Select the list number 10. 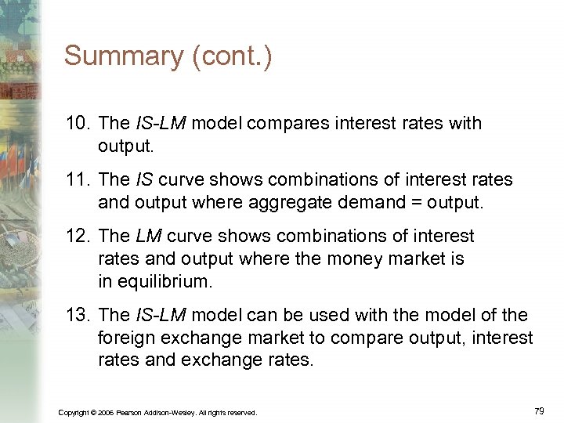(x=78, y=124)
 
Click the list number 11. (x=78, y=180)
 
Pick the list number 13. (x=78, y=316)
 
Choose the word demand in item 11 (x=368, y=202)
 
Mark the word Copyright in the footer (x=73, y=412)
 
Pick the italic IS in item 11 (x=143, y=180)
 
